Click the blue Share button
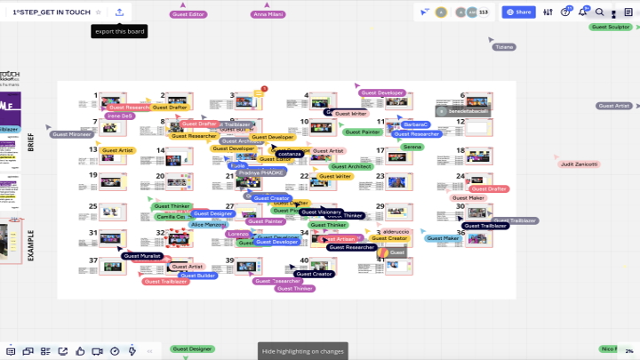point(518,12)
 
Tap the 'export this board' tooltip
point(118,31)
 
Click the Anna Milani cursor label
point(268,15)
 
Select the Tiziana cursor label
point(504,46)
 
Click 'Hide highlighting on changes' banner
point(303,351)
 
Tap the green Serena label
point(412,147)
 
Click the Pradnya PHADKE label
point(260,172)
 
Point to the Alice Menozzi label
point(209,225)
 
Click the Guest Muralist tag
point(142,256)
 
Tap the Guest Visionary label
point(321,212)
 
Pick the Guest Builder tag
point(197,276)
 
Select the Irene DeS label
point(119,116)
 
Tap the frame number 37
point(92,260)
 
